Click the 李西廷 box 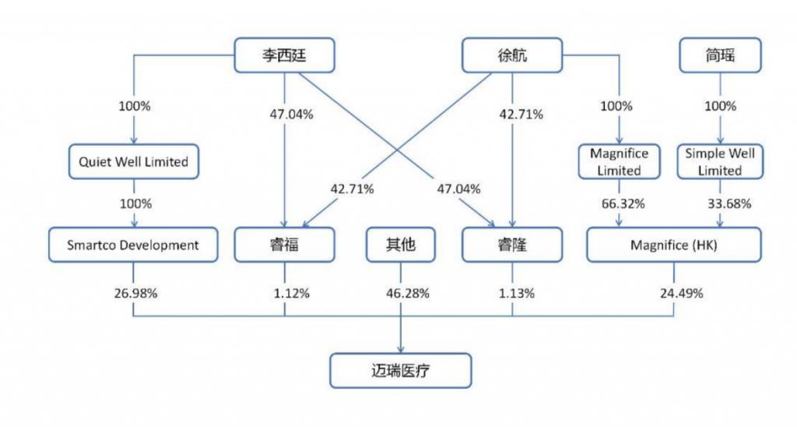[x=284, y=55]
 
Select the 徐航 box [x=512, y=55]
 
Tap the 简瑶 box [x=720, y=55]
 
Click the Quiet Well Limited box [x=134, y=161]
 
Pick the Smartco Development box [x=133, y=245]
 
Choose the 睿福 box [x=284, y=245]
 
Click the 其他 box [x=401, y=245]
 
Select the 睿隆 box [x=512, y=245]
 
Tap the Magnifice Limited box [x=619, y=161]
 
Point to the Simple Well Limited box [x=720, y=161]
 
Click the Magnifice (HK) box [x=674, y=245]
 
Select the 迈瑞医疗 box [x=401, y=370]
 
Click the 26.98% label [x=135, y=293]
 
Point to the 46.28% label [x=408, y=293]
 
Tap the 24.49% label [x=682, y=293]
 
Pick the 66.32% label [x=623, y=203]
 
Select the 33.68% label [x=729, y=203]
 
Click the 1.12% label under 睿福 [x=292, y=293]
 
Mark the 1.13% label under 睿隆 [x=517, y=293]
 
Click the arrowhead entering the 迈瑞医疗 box [x=401, y=350]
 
